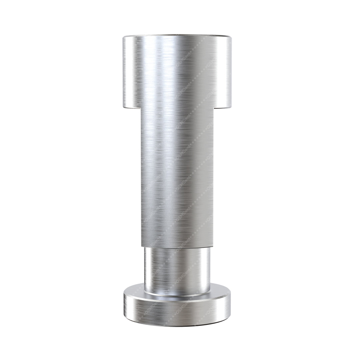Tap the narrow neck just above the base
(x=177, y=270)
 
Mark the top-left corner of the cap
(x=124, y=37)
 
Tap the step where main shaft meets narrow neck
(x=177, y=248)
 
